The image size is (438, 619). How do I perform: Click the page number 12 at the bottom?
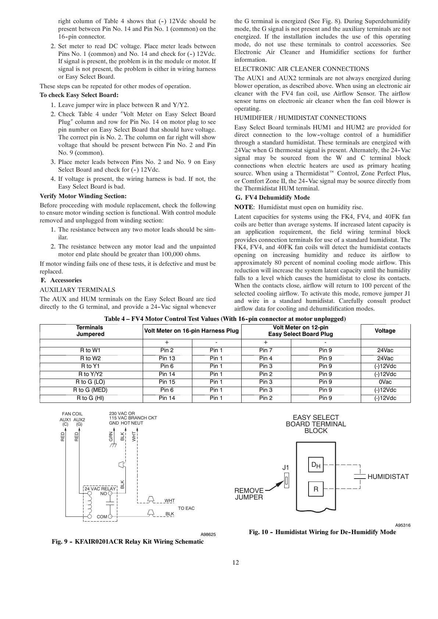236,562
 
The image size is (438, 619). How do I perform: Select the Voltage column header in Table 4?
385,331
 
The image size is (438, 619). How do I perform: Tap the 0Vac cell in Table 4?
385,382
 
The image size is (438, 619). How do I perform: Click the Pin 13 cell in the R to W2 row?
167,358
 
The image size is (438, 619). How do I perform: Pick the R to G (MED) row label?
90,390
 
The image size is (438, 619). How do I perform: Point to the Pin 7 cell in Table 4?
266,350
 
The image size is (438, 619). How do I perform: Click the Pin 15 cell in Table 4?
167,382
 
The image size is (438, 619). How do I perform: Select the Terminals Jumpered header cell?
90,331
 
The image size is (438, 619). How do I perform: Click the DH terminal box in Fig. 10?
316,466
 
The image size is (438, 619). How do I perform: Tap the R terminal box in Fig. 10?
316,489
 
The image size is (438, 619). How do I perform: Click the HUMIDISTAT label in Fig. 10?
388,477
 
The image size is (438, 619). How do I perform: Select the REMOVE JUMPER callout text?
249,494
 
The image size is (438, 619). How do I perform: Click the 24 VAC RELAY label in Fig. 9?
100,489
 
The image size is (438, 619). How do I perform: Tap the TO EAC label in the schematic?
186,508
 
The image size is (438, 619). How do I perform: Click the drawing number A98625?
208,534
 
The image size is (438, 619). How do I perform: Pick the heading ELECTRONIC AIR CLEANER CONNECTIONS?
302,69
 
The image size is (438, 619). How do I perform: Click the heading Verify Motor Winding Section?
83,196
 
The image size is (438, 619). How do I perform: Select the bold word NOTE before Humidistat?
244,207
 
